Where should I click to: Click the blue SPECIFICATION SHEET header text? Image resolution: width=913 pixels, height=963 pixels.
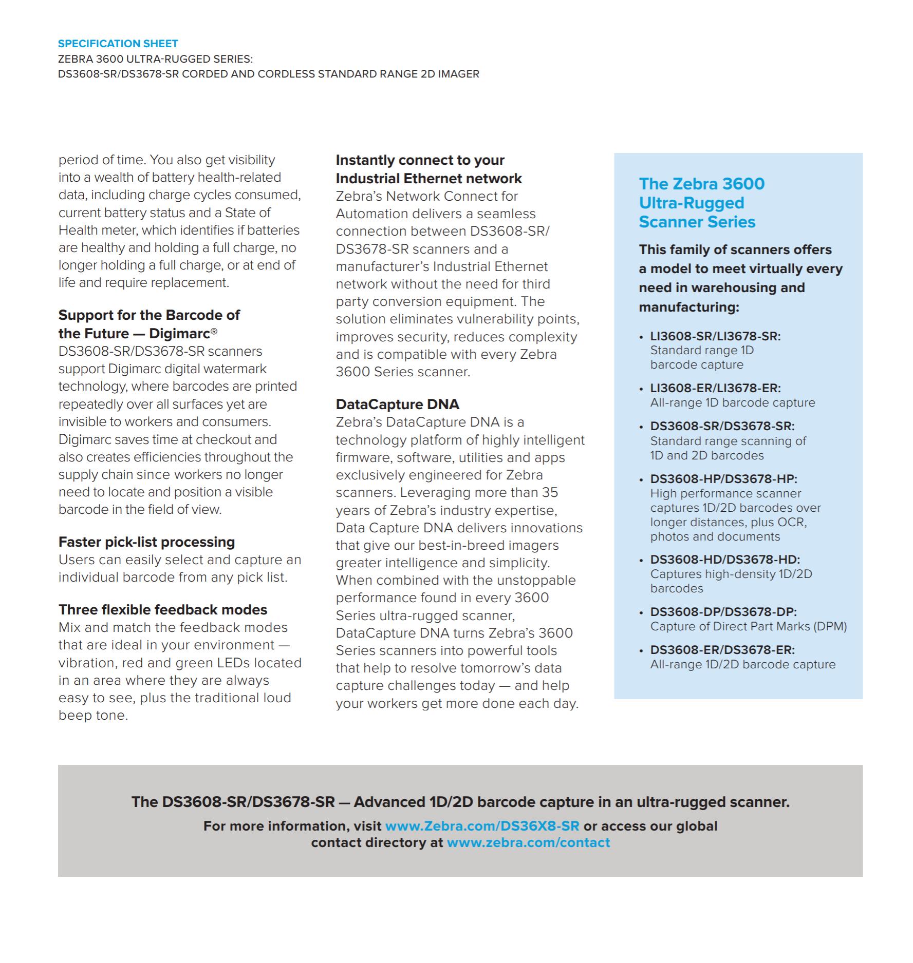click(118, 44)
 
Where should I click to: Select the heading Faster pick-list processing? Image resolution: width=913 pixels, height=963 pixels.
click(146, 542)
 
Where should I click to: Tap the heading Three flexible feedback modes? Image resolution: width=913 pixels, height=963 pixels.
click(163, 610)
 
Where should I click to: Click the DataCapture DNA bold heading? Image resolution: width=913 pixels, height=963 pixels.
click(397, 405)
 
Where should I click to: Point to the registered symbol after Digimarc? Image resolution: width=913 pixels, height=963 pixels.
click(214, 332)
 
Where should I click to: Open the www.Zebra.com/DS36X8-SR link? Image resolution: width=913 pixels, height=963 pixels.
click(482, 826)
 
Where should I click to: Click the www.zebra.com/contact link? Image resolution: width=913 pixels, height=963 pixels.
click(528, 842)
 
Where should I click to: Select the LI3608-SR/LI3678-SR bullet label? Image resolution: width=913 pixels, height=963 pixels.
click(715, 336)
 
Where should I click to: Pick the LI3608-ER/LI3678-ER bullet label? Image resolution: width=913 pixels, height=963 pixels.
click(715, 388)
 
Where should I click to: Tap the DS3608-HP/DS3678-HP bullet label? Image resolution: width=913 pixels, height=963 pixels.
click(723, 479)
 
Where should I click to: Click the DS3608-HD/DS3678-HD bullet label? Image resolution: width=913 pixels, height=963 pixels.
click(725, 560)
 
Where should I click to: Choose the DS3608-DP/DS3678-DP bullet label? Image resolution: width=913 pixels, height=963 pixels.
click(723, 612)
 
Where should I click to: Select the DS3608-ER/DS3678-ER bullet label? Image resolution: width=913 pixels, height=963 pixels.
click(722, 650)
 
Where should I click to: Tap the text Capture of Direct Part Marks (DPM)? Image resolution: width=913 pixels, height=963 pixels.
click(748, 626)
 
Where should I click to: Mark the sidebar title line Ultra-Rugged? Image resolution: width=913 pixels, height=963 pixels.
click(691, 203)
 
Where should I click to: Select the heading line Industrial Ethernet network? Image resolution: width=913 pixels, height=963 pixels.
click(428, 179)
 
